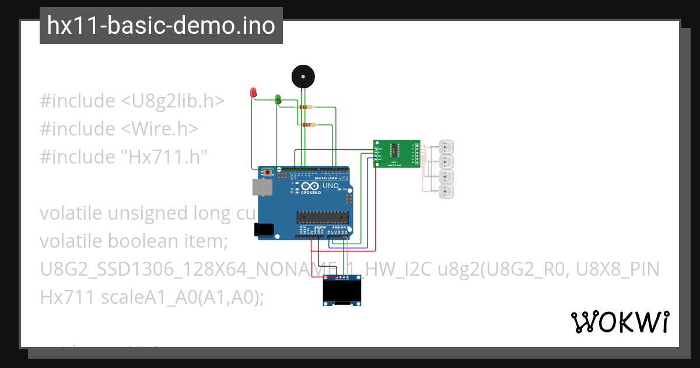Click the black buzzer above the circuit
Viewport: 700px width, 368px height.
(303, 77)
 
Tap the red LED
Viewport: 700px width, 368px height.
(253, 92)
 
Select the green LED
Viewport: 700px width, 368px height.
(278, 100)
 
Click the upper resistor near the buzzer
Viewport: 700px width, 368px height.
(305, 107)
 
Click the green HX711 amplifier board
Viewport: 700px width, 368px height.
(397, 154)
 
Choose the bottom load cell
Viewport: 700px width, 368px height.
(446, 192)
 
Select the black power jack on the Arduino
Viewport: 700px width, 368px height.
(264, 230)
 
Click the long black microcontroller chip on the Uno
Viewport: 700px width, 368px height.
(323, 217)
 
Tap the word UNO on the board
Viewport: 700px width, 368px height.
(331, 186)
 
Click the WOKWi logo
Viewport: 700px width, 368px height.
(619, 322)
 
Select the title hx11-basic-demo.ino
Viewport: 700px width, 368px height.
(161, 26)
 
